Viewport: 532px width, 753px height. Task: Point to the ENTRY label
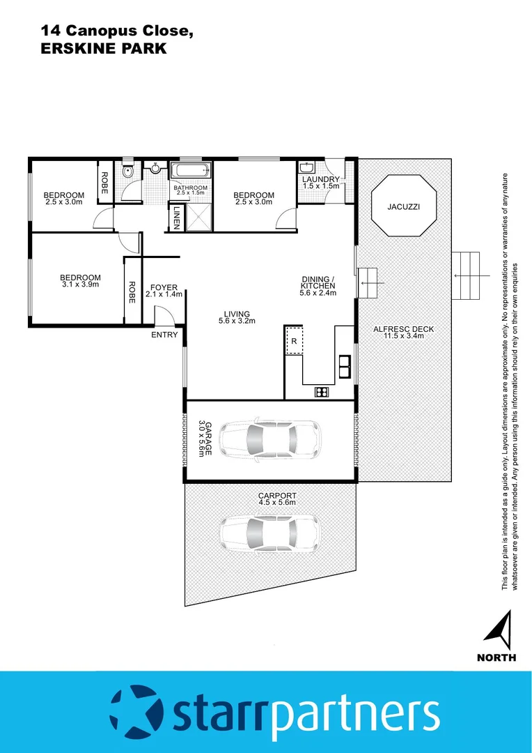point(164,335)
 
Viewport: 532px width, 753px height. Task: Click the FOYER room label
point(164,287)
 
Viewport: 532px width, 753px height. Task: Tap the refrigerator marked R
point(294,341)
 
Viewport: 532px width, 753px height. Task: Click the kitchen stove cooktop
point(322,392)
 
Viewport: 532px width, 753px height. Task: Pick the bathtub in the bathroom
point(190,171)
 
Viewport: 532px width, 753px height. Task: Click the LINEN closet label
point(177,217)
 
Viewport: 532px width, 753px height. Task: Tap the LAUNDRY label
point(320,179)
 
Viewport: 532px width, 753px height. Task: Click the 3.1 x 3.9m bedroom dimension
point(80,285)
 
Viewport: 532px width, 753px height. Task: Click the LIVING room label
point(237,314)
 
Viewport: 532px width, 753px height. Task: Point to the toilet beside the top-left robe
point(126,172)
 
